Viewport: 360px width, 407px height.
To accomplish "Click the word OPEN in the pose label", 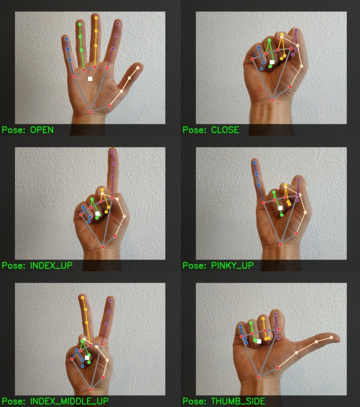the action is tap(42, 130).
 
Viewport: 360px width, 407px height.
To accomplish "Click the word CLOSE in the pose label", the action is tap(225, 130).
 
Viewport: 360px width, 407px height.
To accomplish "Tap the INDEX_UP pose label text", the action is tap(51, 265).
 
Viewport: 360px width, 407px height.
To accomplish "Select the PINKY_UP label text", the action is tap(232, 265).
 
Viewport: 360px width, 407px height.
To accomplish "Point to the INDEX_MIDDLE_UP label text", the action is tap(69, 401).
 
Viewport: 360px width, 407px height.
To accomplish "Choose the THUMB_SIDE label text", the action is tap(238, 401).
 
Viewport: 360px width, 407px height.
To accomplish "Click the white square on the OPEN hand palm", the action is tap(90, 79).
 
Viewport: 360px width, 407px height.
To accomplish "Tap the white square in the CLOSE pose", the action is tap(272, 62).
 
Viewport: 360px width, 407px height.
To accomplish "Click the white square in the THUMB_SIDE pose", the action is tap(259, 341).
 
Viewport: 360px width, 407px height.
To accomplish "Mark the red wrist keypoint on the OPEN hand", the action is tap(91, 112).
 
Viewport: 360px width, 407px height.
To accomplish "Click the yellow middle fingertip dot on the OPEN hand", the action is tap(96, 18).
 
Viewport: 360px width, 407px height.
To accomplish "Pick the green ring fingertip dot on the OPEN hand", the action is tap(80, 24).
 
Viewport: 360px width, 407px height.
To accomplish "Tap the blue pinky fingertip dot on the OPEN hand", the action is tap(67, 39).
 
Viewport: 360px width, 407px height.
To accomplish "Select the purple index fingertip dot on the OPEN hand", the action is tap(118, 24).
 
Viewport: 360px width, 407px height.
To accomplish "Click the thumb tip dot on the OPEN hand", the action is tap(138, 68).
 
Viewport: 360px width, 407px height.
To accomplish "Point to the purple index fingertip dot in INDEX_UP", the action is tap(112, 152).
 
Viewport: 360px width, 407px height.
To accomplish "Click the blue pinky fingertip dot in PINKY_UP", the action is tap(254, 162).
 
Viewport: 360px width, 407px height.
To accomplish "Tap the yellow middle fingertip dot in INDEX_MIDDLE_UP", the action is tap(83, 298).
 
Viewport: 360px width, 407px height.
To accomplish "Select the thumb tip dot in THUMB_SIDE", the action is tap(331, 337).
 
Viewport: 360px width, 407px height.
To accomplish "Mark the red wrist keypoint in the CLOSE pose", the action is tap(273, 100).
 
